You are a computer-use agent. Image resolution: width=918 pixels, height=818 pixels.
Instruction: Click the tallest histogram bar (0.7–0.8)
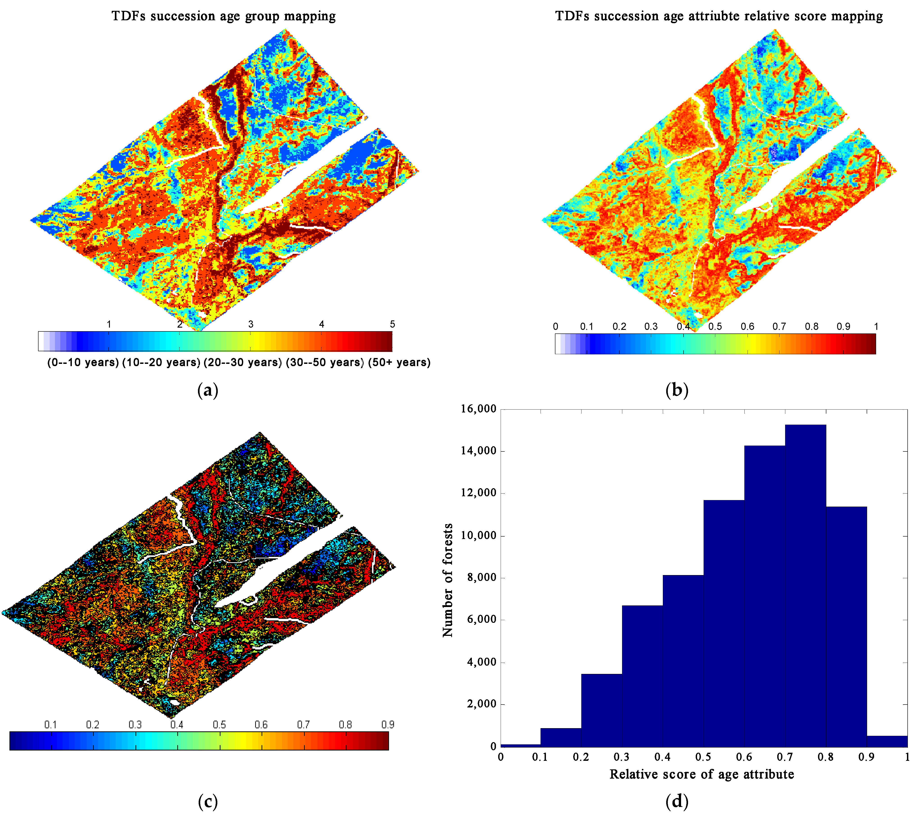coord(805,584)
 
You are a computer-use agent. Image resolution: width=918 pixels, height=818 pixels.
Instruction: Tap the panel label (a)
coord(208,390)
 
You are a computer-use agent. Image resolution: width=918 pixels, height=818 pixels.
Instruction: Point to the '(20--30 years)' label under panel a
coord(243,362)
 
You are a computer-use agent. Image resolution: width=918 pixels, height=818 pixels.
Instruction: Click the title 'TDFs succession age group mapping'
coord(223,16)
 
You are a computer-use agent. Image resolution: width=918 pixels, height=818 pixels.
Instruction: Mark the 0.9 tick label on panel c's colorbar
coord(388,725)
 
